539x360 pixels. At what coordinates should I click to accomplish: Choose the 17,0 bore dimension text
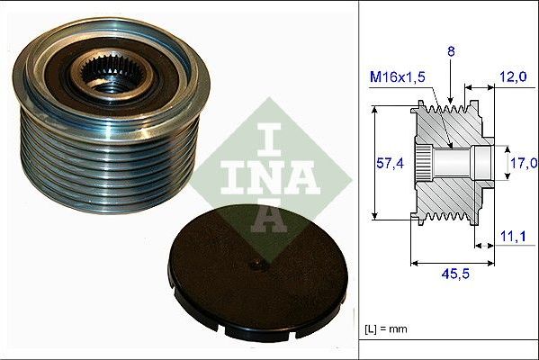click(523, 163)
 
